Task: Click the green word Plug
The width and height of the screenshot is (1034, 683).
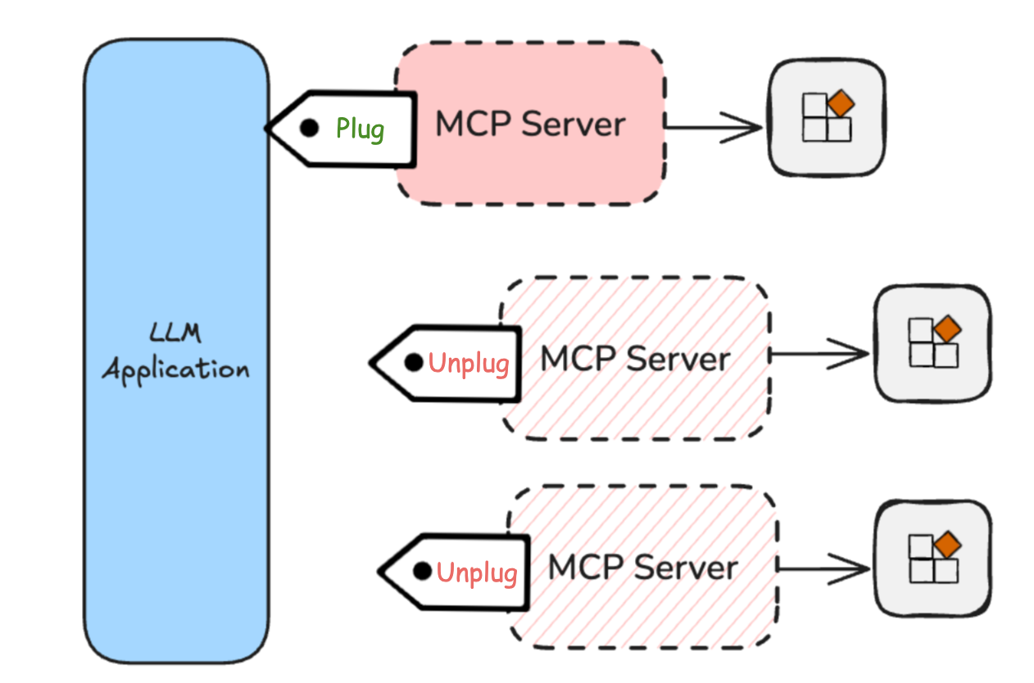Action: pyautogui.click(x=360, y=129)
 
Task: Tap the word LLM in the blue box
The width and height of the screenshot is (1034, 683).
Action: pyautogui.click(x=175, y=333)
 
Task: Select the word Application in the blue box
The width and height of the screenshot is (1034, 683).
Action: pyautogui.click(x=175, y=369)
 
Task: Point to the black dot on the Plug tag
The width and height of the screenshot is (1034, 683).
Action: pyautogui.click(x=309, y=128)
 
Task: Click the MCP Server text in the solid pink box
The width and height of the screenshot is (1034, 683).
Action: pyautogui.click(x=530, y=124)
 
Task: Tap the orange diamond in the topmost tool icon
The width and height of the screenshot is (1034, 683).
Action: pyautogui.click(x=841, y=104)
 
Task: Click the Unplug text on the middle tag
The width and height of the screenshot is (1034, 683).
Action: pyautogui.click(x=469, y=363)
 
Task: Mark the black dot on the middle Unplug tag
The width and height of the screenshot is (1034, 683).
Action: pyautogui.click(x=415, y=361)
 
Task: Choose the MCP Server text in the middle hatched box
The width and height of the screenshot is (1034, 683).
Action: pyautogui.click(x=636, y=359)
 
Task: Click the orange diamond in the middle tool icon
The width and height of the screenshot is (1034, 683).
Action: pyautogui.click(x=947, y=329)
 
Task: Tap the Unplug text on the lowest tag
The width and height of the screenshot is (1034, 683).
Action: pyautogui.click(x=477, y=572)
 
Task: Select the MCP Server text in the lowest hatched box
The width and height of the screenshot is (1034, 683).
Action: pyautogui.click(x=643, y=568)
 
